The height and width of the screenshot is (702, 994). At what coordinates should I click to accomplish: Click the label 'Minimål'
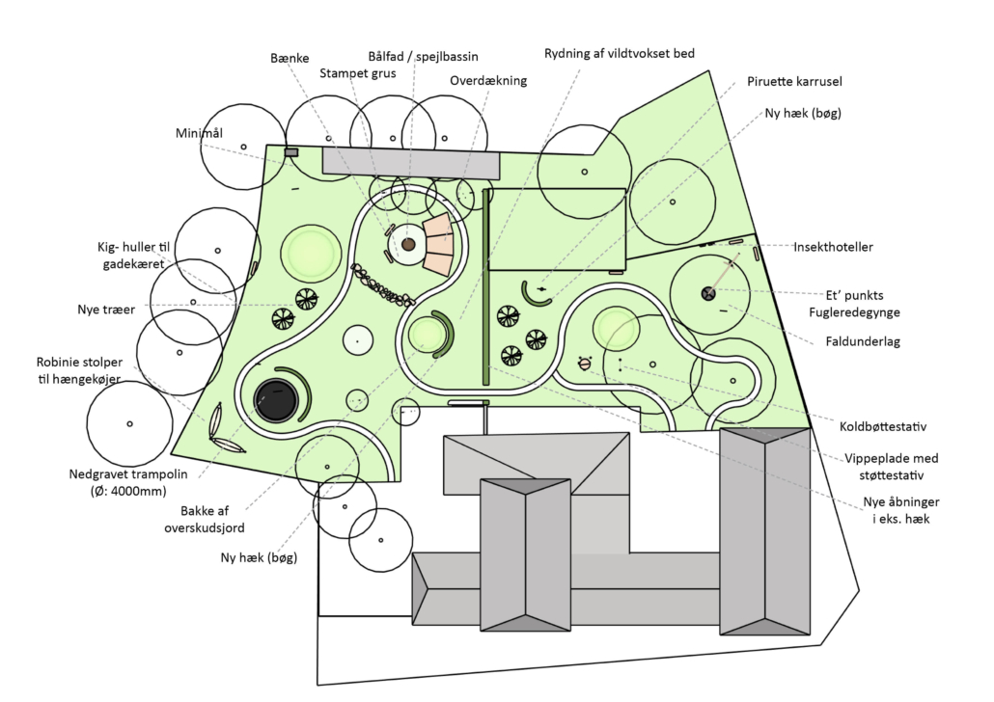200,133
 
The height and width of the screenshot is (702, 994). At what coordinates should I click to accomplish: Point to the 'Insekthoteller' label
833,247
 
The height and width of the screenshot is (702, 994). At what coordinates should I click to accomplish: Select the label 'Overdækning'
488,81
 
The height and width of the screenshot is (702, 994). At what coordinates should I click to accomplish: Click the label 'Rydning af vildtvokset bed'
619,53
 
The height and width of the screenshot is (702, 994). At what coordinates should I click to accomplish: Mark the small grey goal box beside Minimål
290,151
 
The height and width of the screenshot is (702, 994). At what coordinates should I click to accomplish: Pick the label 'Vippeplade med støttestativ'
891,466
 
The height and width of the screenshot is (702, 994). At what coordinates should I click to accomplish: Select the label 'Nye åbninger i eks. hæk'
901,510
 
